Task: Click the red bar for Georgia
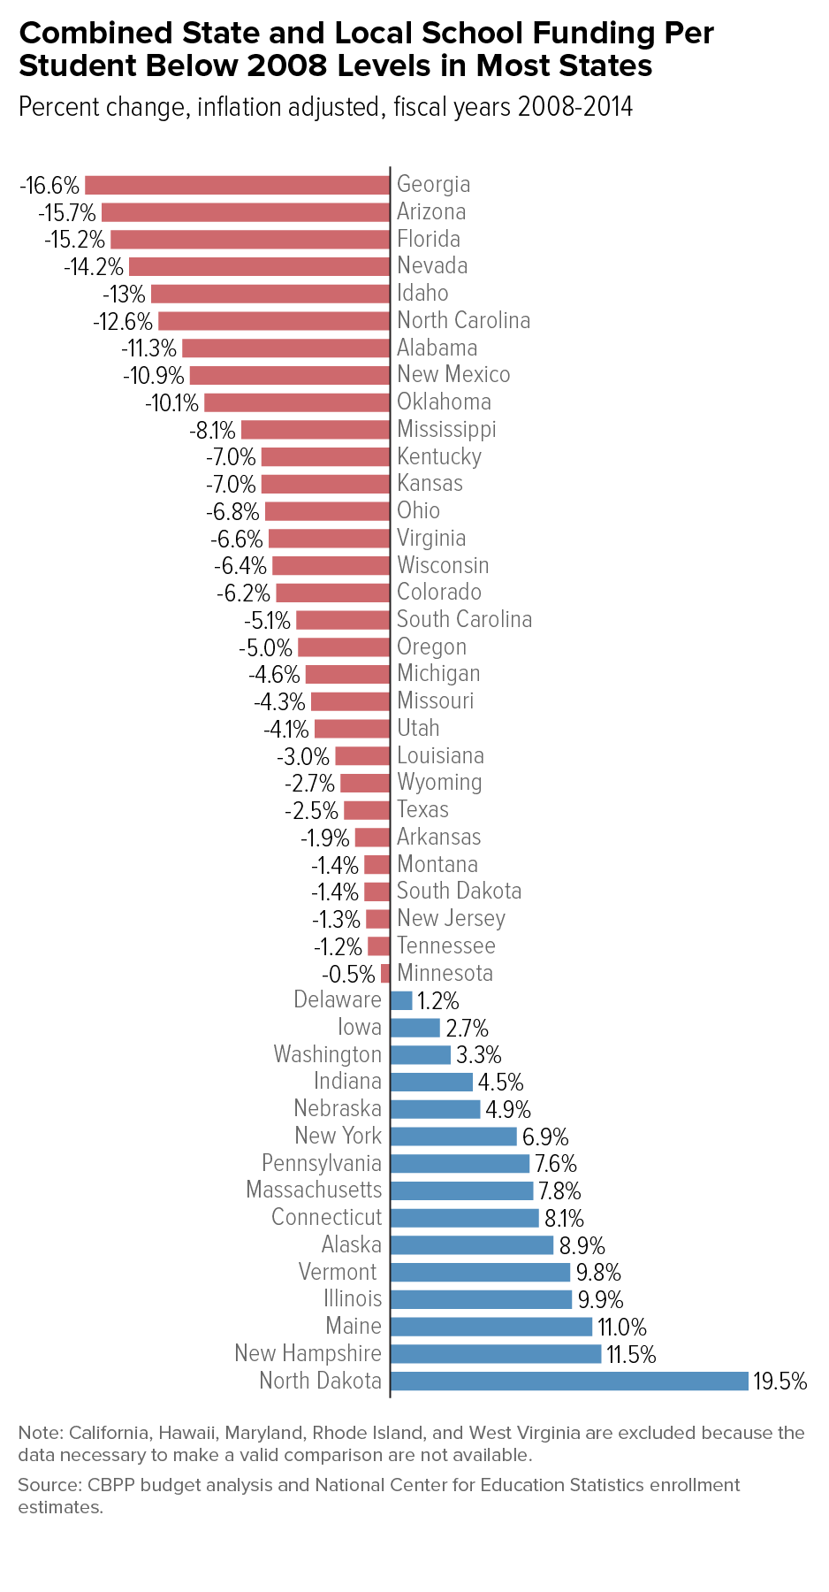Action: tap(237, 185)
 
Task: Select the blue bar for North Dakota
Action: tap(569, 1381)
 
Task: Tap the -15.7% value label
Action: tap(67, 213)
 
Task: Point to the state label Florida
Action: tap(429, 239)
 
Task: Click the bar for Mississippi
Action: tap(316, 430)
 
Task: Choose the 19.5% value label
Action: tap(780, 1382)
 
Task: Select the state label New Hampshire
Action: tap(308, 1354)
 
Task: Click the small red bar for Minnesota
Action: tap(385, 974)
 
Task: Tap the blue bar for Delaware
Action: tap(401, 1000)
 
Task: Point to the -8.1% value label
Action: tap(213, 431)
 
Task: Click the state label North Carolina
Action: tap(464, 320)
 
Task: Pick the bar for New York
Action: tap(453, 1137)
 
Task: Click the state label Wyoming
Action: tap(439, 783)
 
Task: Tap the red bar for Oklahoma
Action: tap(297, 402)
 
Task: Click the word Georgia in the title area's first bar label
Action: tap(434, 185)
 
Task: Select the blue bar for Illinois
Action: tap(482, 1299)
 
